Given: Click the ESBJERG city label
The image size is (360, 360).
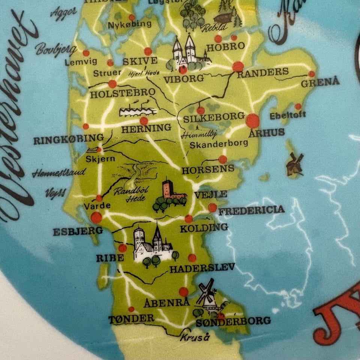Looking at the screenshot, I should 78,231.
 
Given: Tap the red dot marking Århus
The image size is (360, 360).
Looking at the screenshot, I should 253,121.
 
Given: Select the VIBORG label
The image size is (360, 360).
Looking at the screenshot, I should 184,79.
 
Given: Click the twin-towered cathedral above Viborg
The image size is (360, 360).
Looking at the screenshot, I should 186,52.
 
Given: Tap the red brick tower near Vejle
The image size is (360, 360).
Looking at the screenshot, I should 169,192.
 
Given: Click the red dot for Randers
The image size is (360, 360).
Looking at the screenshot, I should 238,67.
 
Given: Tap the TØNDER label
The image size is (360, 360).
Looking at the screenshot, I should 131,319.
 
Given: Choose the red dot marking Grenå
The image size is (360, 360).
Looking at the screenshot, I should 312,74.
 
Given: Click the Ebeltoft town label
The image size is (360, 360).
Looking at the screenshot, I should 288,115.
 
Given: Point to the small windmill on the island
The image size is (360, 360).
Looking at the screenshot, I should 295,164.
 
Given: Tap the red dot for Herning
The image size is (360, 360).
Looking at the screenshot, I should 144,121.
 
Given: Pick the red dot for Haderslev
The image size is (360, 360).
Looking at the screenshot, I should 192,258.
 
